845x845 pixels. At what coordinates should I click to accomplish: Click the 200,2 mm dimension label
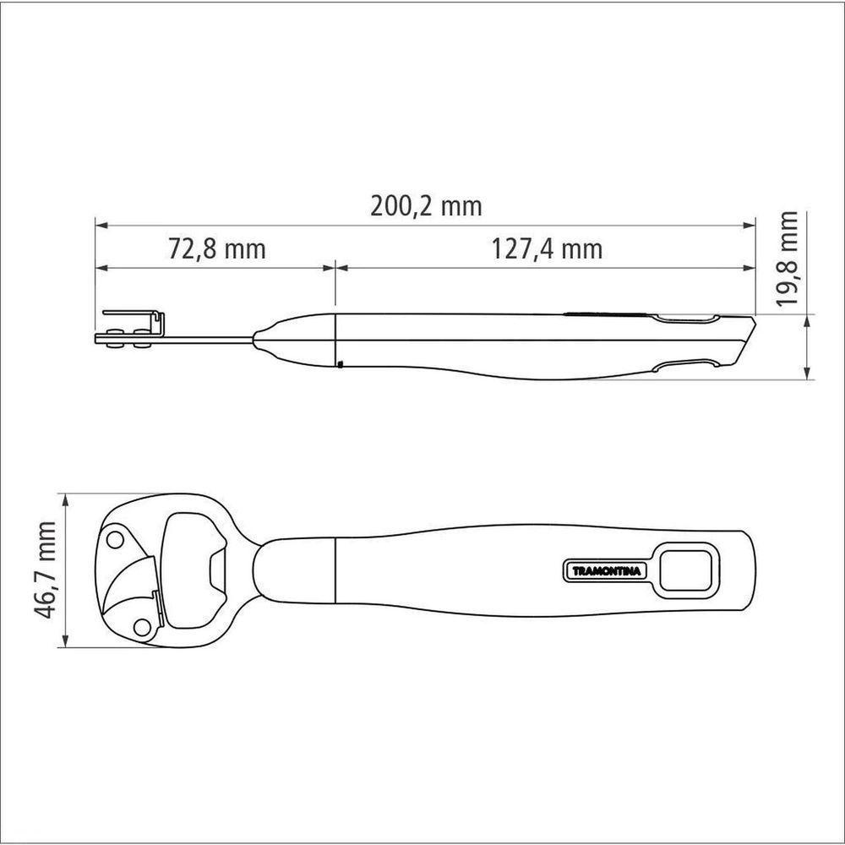[426, 206]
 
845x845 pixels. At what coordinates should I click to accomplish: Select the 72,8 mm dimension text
[217, 249]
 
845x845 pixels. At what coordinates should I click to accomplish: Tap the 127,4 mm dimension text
[547, 249]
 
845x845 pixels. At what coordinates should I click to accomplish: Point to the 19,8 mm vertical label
[788, 259]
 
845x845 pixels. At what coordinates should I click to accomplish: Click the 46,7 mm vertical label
[44, 570]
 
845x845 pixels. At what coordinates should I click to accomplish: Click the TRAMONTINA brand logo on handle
[606, 571]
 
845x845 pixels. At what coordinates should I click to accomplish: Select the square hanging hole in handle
[685, 570]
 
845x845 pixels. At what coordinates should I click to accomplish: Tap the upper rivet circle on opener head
[115, 539]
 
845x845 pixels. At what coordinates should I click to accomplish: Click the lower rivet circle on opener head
[142, 628]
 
